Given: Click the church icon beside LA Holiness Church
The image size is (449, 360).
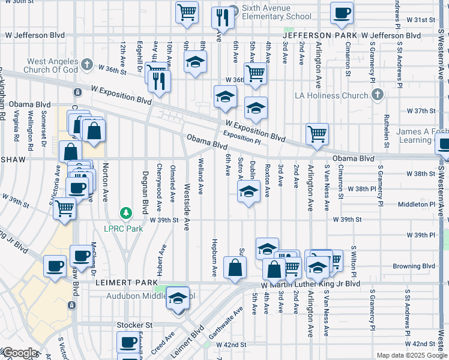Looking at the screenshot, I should pyautogui.click(x=377, y=95).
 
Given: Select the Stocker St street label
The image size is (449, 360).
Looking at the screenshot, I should pyautogui.click(x=135, y=325).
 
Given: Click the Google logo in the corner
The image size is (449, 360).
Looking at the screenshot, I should pyautogui.click(x=19, y=353).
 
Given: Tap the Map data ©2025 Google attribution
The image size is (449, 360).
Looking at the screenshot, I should pyautogui.click(x=412, y=355).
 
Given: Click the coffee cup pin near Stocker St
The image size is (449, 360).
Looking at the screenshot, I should pyautogui.click(x=127, y=343).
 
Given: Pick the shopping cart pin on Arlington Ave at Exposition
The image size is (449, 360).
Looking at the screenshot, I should pyautogui.click(x=317, y=134).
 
